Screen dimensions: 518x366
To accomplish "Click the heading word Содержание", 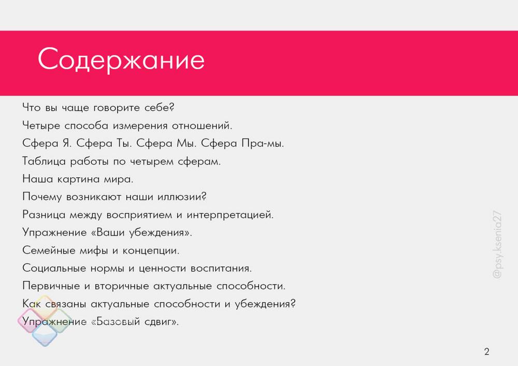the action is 121,60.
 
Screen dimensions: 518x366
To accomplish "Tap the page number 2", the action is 486,351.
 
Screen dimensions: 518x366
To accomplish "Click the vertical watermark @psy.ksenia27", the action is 497,245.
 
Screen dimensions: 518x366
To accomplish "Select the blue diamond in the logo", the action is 45,334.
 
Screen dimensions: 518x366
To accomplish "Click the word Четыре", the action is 41,125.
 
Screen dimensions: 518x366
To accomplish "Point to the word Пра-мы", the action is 263,144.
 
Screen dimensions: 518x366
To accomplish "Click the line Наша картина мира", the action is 78,179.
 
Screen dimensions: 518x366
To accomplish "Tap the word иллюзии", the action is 182,197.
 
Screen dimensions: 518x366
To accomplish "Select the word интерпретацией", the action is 230,215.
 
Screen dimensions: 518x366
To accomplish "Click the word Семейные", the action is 49,250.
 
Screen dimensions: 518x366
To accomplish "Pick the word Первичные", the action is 51,286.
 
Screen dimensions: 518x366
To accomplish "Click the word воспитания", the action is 221,268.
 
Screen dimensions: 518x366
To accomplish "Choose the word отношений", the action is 202,125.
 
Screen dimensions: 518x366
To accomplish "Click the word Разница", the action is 44,215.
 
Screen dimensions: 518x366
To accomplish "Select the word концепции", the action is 151,250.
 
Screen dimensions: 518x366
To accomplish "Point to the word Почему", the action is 42,197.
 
